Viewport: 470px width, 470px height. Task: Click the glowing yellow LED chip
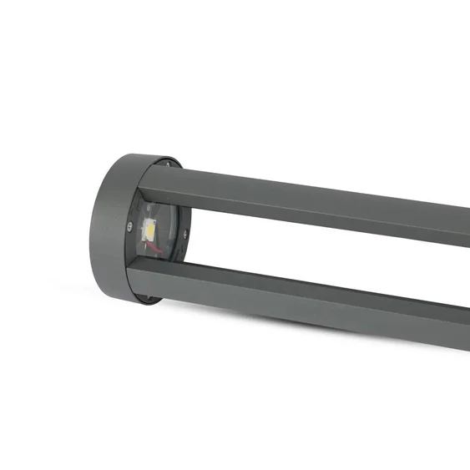point(151,227)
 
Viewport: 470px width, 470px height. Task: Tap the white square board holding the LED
point(151,229)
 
